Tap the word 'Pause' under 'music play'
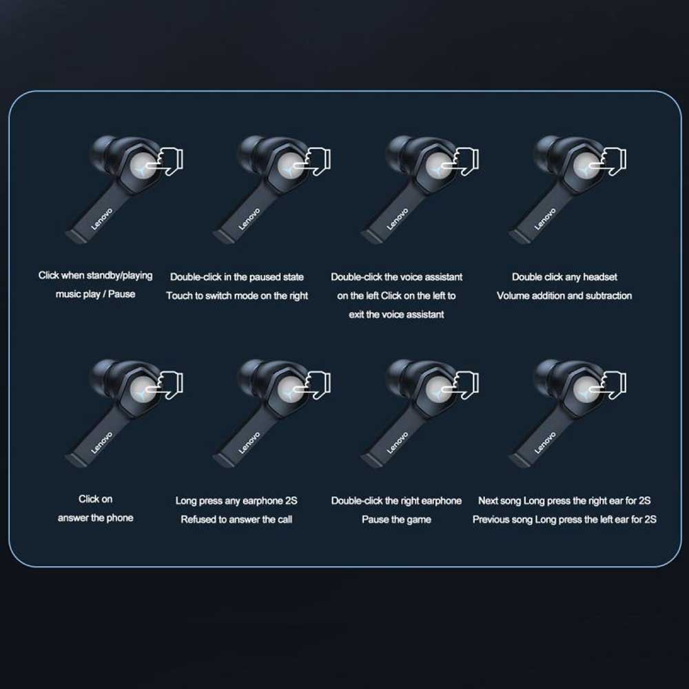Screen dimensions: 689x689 pyautogui.click(x=121, y=294)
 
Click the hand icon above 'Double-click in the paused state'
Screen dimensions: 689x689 pyautogui.click(x=314, y=161)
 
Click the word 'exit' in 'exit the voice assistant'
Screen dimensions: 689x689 pyautogui.click(x=356, y=315)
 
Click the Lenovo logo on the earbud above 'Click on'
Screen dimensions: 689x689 pyautogui.click(x=102, y=442)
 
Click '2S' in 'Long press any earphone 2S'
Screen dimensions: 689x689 pyautogui.click(x=291, y=500)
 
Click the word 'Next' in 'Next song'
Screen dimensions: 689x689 pyautogui.click(x=488, y=500)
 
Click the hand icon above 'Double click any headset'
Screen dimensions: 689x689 pyautogui.click(x=610, y=161)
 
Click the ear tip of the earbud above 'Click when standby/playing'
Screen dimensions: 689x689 pyautogui.click(x=102, y=148)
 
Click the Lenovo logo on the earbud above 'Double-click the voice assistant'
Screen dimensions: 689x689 pyautogui.click(x=398, y=219)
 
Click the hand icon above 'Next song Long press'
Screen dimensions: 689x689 pyautogui.click(x=610, y=385)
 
